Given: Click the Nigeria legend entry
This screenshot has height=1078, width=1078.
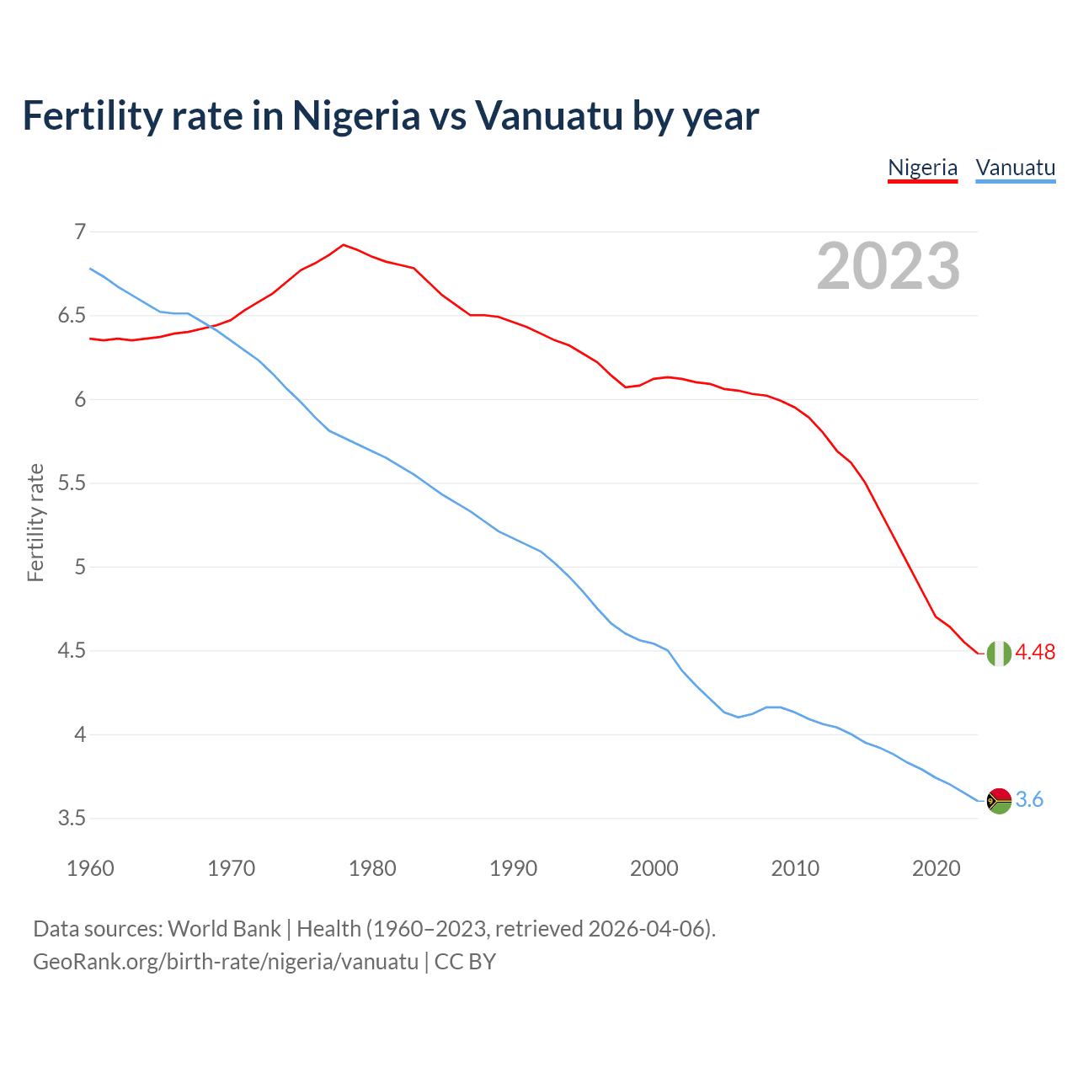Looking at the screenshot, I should tap(922, 168).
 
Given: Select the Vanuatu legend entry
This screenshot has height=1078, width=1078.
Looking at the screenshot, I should tap(1015, 168).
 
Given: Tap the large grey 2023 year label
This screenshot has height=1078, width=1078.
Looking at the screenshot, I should tap(889, 266).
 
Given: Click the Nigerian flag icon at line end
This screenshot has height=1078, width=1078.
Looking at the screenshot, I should tap(999, 653).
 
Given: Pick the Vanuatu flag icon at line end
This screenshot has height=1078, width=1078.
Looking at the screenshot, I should tap(999, 800).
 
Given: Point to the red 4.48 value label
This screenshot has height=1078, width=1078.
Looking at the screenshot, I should tap(1035, 653).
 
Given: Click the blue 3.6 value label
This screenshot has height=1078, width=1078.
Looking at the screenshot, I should tap(1029, 800).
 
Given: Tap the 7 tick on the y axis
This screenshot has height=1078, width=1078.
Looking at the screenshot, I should tap(80, 232).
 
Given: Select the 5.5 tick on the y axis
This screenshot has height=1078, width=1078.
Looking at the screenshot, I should tap(72, 483).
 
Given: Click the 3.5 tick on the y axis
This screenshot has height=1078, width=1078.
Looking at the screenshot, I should tap(72, 819).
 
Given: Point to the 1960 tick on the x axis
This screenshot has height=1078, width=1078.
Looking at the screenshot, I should tap(90, 868).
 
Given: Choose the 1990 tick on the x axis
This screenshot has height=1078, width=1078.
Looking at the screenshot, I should tap(513, 868).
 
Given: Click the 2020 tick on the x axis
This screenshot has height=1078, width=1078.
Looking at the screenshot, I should tap(936, 868).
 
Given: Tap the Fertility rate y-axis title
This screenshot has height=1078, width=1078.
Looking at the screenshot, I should tap(35, 522).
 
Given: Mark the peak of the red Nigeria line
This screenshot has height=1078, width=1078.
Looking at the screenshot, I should tap(343, 245).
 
